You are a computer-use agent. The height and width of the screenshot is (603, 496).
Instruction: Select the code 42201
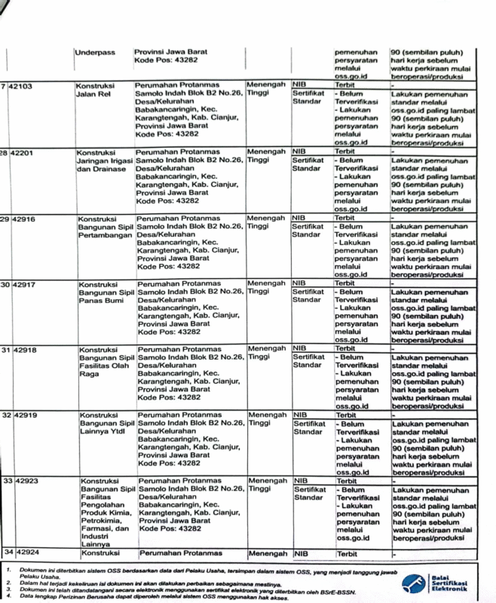pyautogui.click(x=23, y=152)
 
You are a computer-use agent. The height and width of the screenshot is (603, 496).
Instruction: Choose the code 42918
pyautogui.click(x=28, y=350)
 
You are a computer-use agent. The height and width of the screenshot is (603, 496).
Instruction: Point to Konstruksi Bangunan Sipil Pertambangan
pyautogui.click(x=106, y=226)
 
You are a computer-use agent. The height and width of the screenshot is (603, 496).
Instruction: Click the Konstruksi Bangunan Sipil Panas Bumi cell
pyautogui.click(x=106, y=292)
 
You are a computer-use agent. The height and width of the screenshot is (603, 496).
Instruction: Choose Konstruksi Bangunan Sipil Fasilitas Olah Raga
pyautogui.click(x=106, y=363)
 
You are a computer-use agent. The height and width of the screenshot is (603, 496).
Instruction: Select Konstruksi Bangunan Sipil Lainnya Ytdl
pyautogui.click(x=107, y=424)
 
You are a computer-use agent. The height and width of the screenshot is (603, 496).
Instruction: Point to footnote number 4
pyautogui.click(x=7, y=596)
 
